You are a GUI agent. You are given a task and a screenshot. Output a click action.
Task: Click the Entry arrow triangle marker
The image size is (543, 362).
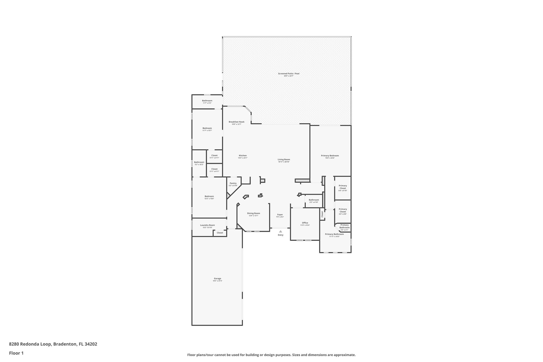click(x=281, y=232)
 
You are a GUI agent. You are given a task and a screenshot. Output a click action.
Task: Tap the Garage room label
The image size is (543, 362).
click(x=217, y=278)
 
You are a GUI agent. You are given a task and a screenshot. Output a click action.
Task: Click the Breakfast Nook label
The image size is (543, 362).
click(x=237, y=122)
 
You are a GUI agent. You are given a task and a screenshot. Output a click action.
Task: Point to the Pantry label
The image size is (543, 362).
click(x=233, y=183)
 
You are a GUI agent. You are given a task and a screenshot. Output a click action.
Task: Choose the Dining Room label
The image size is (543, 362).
click(x=253, y=213)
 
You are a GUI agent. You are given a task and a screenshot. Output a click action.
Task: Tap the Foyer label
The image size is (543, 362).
click(x=280, y=215)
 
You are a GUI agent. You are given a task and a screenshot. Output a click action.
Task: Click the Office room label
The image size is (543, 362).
click(x=305, y=223)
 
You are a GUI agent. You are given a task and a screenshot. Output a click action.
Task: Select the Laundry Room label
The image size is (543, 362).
click(x=207, y=225)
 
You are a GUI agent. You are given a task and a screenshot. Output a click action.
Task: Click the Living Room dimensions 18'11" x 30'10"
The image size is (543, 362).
click(x=284, y=162)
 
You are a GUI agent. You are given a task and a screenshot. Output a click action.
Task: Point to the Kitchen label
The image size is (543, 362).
click(x=243, y=156)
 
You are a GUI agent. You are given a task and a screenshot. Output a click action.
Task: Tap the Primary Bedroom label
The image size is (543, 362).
click(x=330, y=156)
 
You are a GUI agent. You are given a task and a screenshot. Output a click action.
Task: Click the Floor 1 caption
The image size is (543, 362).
click(x=16, y=353)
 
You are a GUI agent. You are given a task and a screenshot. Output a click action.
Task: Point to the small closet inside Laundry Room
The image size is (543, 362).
click(x=220, y=233)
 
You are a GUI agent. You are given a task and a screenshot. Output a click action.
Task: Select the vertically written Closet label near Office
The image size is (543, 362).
click(x=322, y=214)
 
